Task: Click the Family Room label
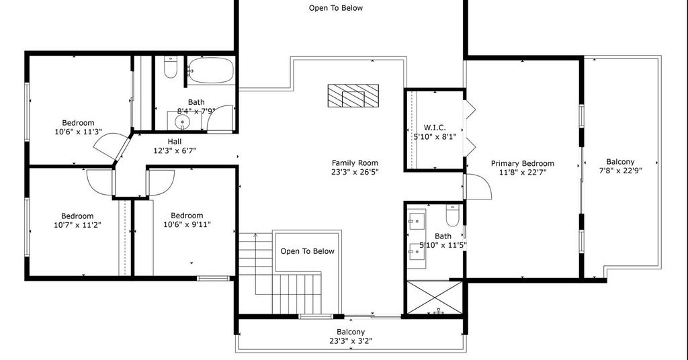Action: point(355,163)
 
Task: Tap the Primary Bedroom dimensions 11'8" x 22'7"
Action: point(522,173)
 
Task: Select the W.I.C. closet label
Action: point(435,128)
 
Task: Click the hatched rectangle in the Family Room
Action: point(353,95)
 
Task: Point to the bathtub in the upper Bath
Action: point(211,70)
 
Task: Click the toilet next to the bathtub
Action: point(170,68)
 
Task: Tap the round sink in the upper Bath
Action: point(181,121)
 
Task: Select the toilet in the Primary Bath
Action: point(452,214)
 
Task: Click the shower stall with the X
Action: point(435,298)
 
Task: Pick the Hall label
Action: point(174,141)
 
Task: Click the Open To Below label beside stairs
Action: point(307,251)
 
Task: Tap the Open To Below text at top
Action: point(336,8)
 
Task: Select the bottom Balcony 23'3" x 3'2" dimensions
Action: point(351,341)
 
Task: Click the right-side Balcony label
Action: point(620,161)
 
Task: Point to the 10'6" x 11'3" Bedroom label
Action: point(78,123)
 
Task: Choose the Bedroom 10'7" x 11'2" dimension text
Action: point(77,225)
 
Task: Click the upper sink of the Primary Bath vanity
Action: point(417,222)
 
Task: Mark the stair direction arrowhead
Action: point(255,236)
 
